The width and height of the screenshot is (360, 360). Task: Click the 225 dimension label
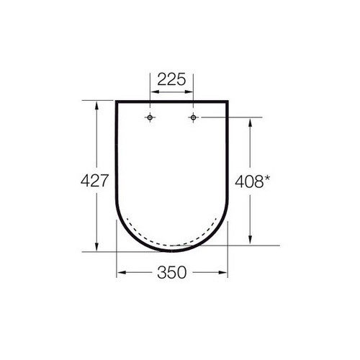coord(171,79)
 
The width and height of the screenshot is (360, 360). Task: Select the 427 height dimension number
coord(95,181)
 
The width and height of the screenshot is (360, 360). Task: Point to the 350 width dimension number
coord(172,272)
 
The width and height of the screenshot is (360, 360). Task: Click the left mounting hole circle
coord(150,117)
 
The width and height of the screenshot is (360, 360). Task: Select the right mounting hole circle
coord(193,117)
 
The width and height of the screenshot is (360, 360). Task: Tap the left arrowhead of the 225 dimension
coord(154,91)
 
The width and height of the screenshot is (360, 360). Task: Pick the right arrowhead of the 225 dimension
coord(189,91)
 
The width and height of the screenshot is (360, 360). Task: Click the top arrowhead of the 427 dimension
coord(96,105)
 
